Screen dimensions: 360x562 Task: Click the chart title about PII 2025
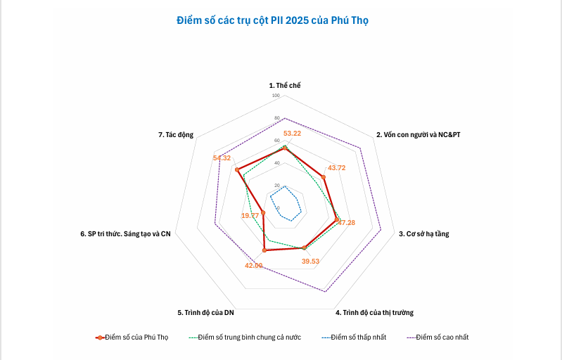coord(272,20)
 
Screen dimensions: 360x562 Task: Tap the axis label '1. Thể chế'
coord(285,85)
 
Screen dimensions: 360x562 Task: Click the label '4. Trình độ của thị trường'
coord(374,312)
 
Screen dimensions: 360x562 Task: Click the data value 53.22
coord(292,133)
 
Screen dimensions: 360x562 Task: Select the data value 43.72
coord(337,167)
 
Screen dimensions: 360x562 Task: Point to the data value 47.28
coord(346,222)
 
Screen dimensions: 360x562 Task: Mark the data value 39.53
coord(310,261)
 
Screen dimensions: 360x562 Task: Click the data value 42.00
coord(253,265)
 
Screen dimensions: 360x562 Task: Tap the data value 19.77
coord(250,215)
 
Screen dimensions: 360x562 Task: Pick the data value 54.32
coord(222,158)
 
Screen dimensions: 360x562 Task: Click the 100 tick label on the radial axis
coord(276,96)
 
